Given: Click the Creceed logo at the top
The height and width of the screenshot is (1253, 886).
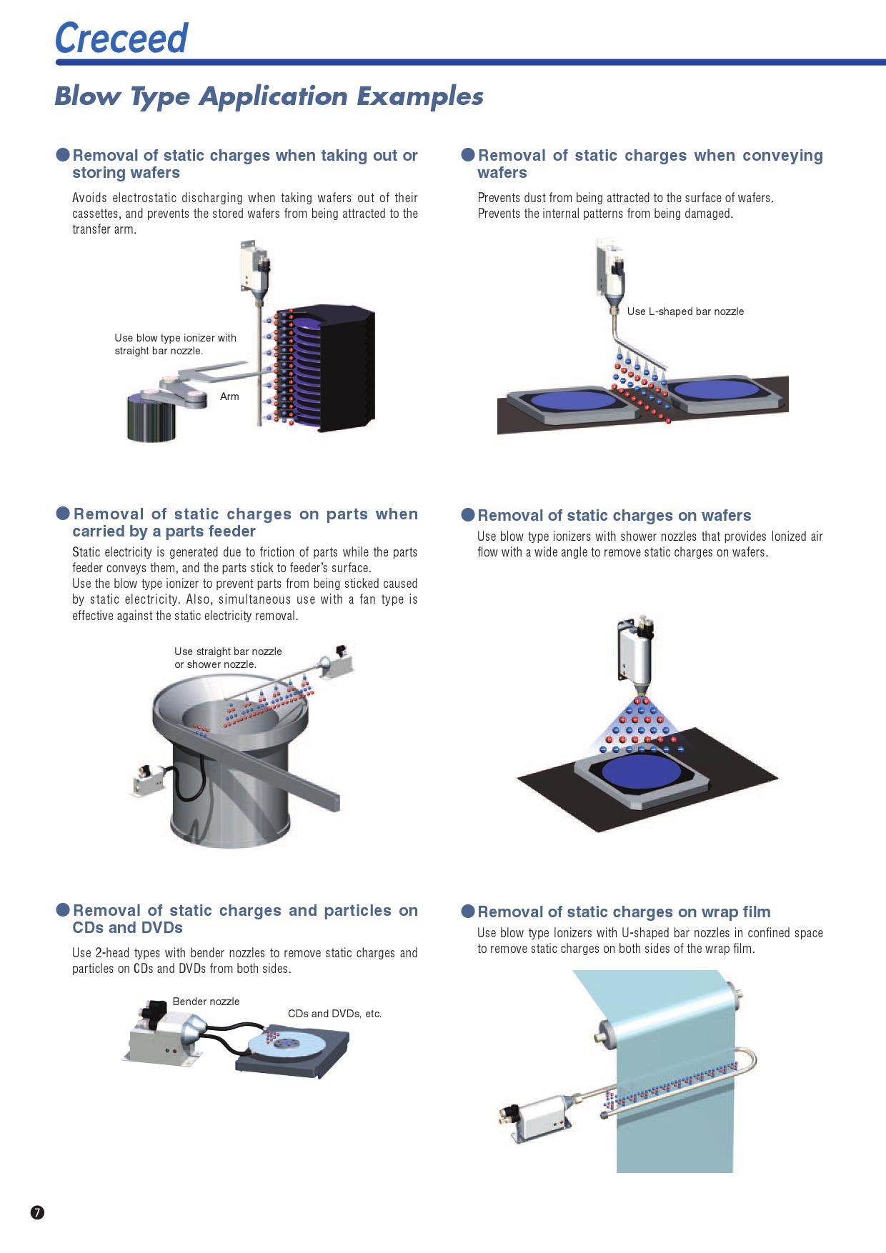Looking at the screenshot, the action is (x=121, y=38).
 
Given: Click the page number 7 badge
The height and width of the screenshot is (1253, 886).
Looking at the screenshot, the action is (x=37, y=1212).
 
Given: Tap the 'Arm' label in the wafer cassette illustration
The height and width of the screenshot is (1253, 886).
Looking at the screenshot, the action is (x=229, y=396).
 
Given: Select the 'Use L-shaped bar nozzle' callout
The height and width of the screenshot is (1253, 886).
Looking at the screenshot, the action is (x=685, y=311).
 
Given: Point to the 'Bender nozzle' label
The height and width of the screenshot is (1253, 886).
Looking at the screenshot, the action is (x=206, y=1002).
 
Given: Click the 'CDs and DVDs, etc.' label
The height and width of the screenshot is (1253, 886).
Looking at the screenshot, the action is (x=334, y=1014).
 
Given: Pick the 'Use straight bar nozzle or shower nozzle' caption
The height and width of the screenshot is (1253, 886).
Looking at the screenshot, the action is (x=228, y=658).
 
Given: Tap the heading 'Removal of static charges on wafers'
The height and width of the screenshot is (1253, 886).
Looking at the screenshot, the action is (x=614, y=516).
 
